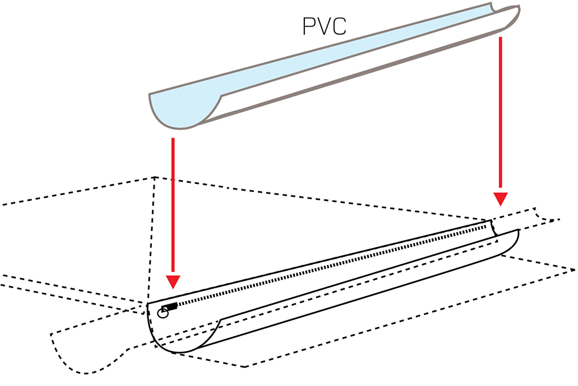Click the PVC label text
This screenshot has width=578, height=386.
tap(325, 26)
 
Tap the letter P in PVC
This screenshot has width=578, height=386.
tap(309, 26)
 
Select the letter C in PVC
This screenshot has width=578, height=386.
tap(339, 26)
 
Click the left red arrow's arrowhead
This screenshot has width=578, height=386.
tap(173, 282)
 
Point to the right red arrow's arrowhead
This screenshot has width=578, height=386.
tap(501, 199)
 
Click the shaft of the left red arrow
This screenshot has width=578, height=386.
tap(173, 207)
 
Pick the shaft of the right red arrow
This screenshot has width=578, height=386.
tap(501, 115)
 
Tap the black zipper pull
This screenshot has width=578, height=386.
tap(170, 307)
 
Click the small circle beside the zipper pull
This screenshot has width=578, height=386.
tap(163, 314)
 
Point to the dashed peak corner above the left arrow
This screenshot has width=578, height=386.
tap(155, 177)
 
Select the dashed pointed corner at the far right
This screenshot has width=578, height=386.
tap(573, 270)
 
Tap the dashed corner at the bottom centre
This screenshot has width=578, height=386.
tap(245, 367)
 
